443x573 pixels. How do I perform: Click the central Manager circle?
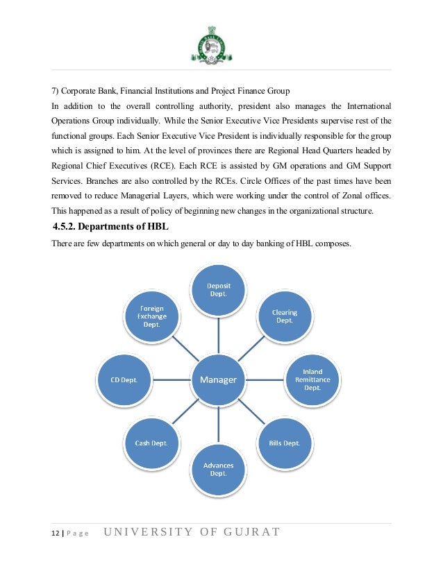click(219, 379)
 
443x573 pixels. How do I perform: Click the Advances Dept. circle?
click(219, 468)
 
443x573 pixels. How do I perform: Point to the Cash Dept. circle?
click(151, 443)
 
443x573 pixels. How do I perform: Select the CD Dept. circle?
click(125, 379)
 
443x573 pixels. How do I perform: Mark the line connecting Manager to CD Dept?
click(172, 379)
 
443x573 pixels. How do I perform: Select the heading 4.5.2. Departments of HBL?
click(110, 228)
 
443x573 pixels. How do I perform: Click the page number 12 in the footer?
click(55, 532)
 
